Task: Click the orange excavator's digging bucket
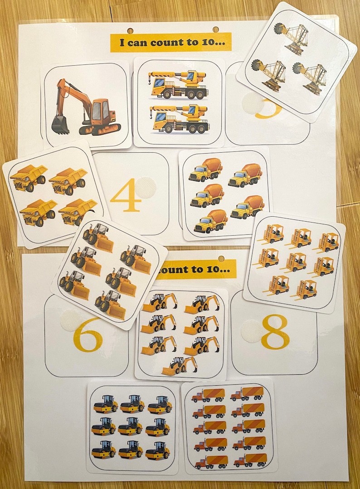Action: coord(60,124)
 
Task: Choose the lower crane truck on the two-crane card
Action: coord(180,119)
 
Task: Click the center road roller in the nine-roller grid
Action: coord(131,426)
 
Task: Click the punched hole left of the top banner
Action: coord(130,31)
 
